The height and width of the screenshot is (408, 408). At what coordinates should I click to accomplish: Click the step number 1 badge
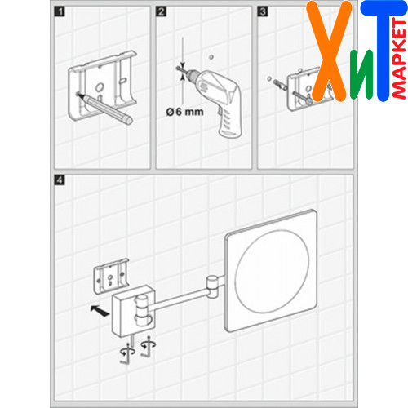(60, 11)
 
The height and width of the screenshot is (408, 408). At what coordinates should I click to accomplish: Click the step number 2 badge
(161, 11)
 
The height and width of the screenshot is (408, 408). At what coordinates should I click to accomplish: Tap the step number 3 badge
(263, 11)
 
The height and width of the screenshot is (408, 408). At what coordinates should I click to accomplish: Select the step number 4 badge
(60, 180)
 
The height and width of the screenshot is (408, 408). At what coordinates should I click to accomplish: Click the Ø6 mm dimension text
(184, 112)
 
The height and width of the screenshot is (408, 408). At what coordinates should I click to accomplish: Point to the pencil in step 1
(104, 109)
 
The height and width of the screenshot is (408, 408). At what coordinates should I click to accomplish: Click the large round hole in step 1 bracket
(100, 87)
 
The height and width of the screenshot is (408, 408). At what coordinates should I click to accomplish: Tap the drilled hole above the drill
(211, 57)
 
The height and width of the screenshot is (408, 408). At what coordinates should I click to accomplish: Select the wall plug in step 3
(280, 84)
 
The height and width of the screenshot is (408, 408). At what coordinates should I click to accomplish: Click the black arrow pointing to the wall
(100, 311)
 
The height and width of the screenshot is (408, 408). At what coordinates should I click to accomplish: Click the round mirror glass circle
(272, 271)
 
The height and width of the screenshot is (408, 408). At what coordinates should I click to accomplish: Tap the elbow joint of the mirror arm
(212, 287)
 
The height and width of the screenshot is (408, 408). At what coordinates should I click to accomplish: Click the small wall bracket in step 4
(111, 276)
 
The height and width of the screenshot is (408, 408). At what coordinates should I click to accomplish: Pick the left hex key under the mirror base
(127, 353)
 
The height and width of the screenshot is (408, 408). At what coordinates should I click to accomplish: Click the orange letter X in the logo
(329, 51)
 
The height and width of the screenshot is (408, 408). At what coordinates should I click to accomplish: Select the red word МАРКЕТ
(400, 59)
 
